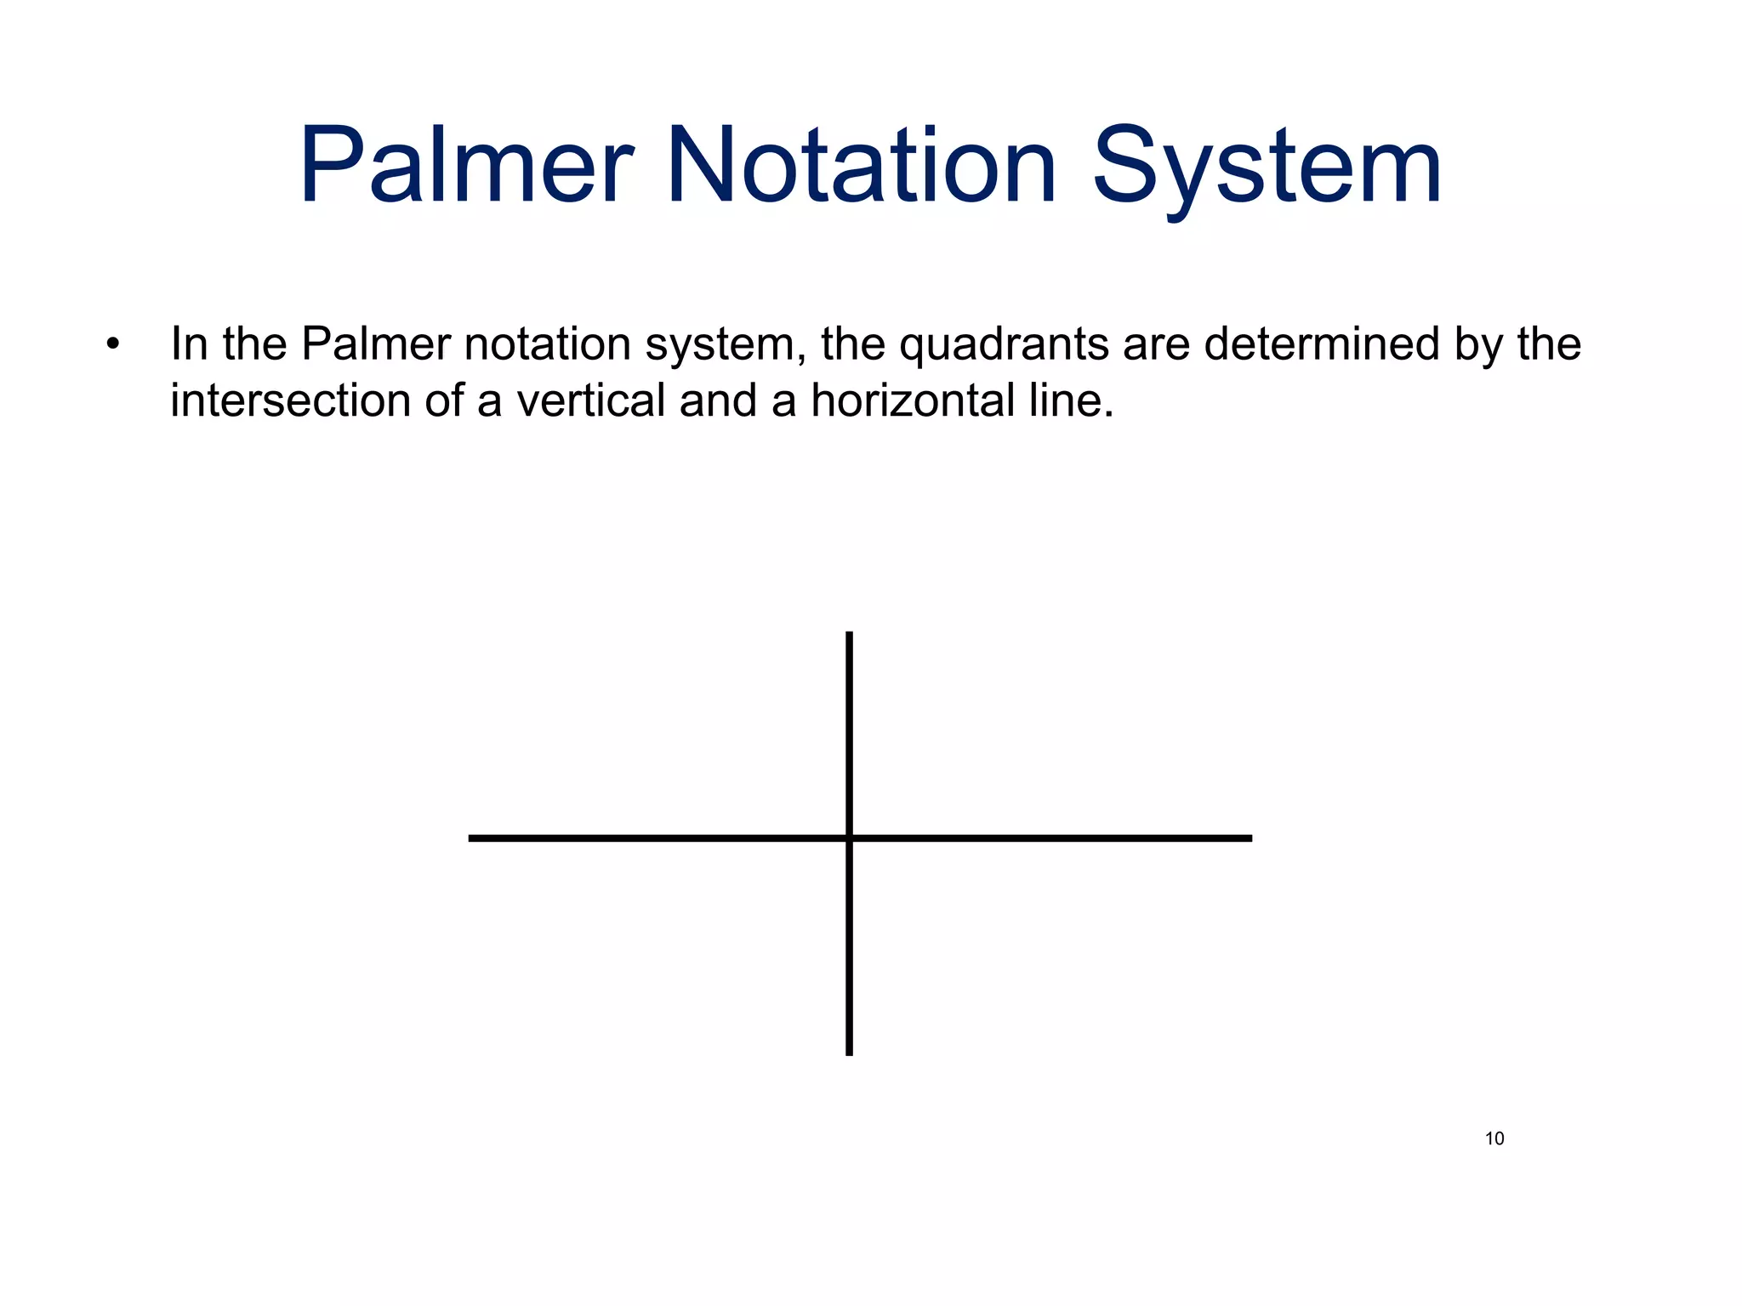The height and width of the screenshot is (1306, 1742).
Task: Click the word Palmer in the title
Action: pyautogui.click(x=466, y=166)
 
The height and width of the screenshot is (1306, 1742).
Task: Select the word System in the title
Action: pyautogui.click(x=1267, y=168)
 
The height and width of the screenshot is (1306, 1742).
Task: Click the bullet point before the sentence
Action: pyautogui.click(x=113, y=345)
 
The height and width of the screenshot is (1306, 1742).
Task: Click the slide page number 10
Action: pyautogui.click(x=1494, y=1139)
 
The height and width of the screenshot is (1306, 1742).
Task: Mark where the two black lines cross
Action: pyautogui.click(x=849, y=838)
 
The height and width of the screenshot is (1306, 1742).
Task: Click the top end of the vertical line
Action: pyautogui.click(x=849, y=634)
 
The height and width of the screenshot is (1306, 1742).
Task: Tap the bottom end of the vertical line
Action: pyautogui.click(x=849, y=1053)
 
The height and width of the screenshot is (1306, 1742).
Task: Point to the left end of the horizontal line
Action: pyautogui.click(x=472, y=838)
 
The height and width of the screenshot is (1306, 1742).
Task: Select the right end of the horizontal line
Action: pyautogui.click(x=1249, y=838)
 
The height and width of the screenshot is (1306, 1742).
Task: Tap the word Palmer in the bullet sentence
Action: pyautogui.click(x=375, y=345)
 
